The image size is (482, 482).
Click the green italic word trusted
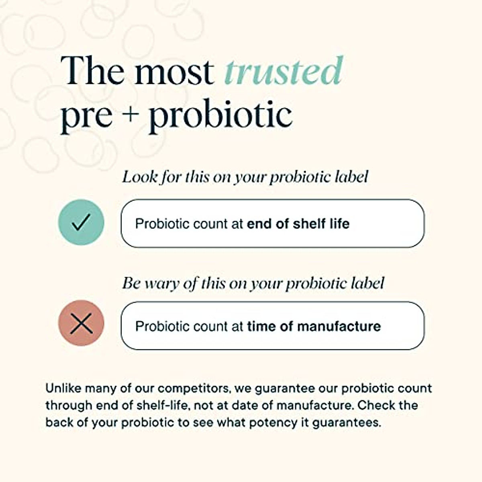[x=284, y=71]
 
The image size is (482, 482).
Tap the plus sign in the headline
[x=130, y=115]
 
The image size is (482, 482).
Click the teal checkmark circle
[x=81, y=222]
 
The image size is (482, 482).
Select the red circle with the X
[x=81, y=323]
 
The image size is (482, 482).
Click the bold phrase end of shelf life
[x=298, y=223]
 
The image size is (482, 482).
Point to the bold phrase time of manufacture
[x=314, y=326]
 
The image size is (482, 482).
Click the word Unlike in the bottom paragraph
[x=63, y=388]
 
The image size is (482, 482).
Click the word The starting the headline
[x=92, y=70]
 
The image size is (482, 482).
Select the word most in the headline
[x=174, y=73]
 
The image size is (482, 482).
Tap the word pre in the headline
[x=86, y=119]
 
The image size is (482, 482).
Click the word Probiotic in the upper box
[x=162, y=223]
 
